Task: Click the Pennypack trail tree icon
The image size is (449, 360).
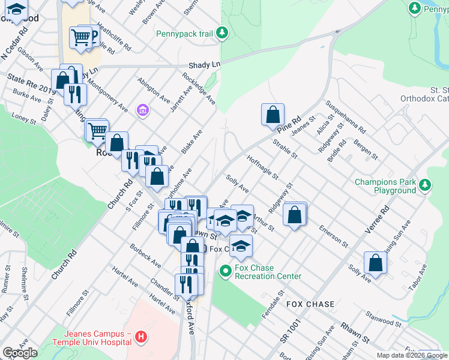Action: click(x=222, y=32)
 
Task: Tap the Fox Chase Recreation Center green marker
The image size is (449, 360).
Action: click(x=226, y=271)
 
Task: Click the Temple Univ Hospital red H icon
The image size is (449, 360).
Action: click(x=140, y=337)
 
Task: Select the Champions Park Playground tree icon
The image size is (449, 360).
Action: click(x=425, y=184)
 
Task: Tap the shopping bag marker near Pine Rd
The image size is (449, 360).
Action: click(x=273, y=114)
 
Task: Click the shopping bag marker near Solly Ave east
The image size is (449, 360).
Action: click(x=375, y=262)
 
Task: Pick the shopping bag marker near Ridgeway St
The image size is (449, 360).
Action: click(x=294, y=215)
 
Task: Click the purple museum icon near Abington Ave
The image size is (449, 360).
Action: click(x=142, y=110)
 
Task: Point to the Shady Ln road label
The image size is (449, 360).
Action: click(x=204, y=64)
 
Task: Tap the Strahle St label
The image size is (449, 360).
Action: click(x=285, y=148)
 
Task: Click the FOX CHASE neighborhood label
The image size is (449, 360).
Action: click(x=310, y=304)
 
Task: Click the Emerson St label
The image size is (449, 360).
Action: click(x=334, y=236)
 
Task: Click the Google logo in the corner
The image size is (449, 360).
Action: click(x=20, y=353)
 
